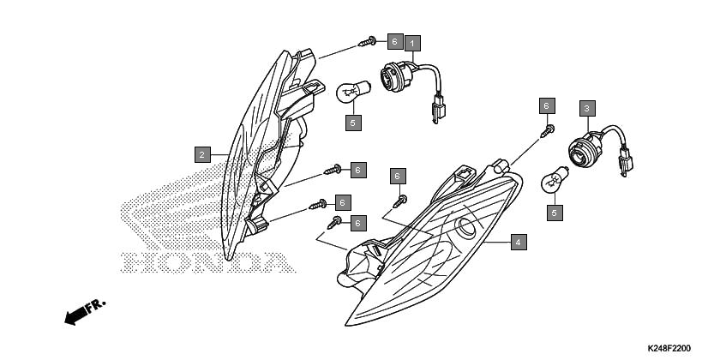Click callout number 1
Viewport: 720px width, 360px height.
(x=411, y=42)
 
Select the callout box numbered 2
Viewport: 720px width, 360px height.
(x=201, y=154)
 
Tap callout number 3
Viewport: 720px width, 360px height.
(x=586, y=108)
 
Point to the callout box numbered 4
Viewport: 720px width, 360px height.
(x=518, y=243)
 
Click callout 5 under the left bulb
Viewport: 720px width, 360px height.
(x=353, y=123)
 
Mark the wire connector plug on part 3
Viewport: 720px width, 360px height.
(x=625, y=163)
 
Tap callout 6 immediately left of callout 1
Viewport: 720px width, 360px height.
(x=393, y=41)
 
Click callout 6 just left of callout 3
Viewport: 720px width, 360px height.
(x=546, y=105)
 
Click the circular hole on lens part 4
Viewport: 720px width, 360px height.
(x=469, y=228)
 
